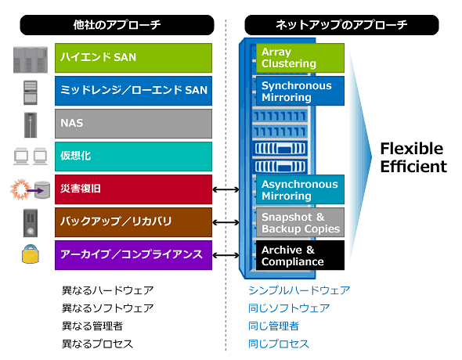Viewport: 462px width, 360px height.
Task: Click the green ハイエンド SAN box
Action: click(133, 58)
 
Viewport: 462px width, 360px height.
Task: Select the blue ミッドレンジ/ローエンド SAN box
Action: click(133, 91)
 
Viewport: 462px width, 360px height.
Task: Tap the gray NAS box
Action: click(133, 124)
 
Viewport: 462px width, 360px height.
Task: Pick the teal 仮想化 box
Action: click(133, 157)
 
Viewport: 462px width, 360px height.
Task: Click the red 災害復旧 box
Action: click(133, 189)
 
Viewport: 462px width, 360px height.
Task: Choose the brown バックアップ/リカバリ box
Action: click(133, 222)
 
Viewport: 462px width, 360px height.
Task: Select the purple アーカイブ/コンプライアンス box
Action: click(133, 255)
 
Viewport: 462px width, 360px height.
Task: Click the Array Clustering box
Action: click(300, 58)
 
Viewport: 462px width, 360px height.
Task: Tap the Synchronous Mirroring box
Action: click(300, 91)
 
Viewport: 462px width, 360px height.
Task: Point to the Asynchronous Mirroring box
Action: click(300, 189)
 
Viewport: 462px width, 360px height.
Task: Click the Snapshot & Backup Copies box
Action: click(300, 222)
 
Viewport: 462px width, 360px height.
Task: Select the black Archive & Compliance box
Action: click(300, 255)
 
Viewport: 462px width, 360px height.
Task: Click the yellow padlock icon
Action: click(31, 254)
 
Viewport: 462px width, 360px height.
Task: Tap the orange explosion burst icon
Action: click(20, 189)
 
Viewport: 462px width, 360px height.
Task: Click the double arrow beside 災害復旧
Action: click(226, 189)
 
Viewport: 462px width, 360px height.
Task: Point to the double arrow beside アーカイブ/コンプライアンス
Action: click(226, 255)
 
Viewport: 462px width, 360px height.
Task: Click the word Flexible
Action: click(412, 149)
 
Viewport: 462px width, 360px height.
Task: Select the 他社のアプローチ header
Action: click(117, 25)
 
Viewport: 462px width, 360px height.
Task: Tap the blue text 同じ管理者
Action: click(273, 326)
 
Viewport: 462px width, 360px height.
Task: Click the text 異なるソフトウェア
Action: click(107, 308)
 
